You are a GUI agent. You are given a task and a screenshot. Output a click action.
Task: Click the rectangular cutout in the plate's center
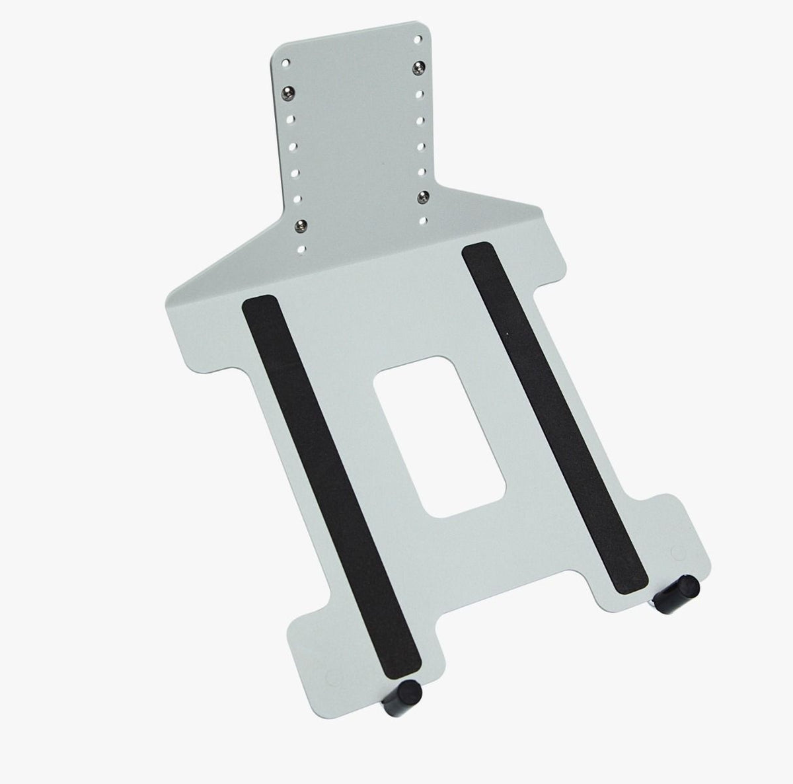437,436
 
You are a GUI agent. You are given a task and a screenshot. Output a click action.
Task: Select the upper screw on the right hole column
418,66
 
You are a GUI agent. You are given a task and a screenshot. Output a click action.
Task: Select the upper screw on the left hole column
289,91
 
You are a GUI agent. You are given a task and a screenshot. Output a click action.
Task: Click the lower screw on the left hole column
301,225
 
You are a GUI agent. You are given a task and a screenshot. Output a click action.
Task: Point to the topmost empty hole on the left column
286,64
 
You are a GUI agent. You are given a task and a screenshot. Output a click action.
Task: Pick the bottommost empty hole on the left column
303,250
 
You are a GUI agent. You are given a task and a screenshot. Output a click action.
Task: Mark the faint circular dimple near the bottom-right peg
675,550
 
